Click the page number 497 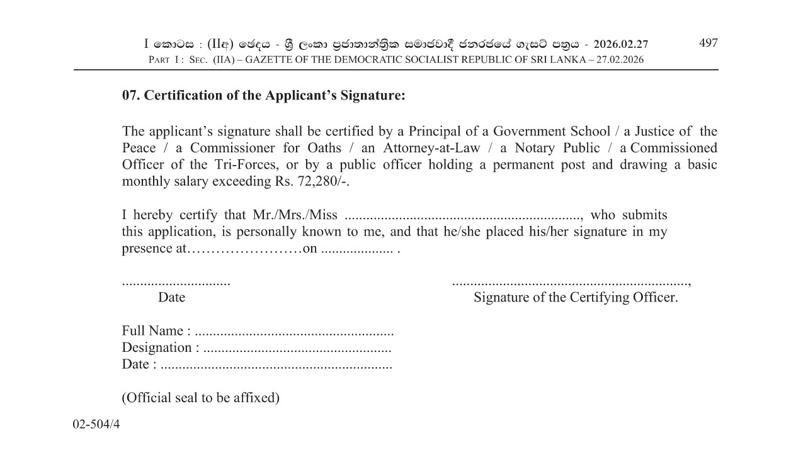(708, 43)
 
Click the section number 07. (131, 96)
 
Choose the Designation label (156, 348)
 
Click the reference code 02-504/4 (96, 424)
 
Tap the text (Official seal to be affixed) (200, 398)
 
